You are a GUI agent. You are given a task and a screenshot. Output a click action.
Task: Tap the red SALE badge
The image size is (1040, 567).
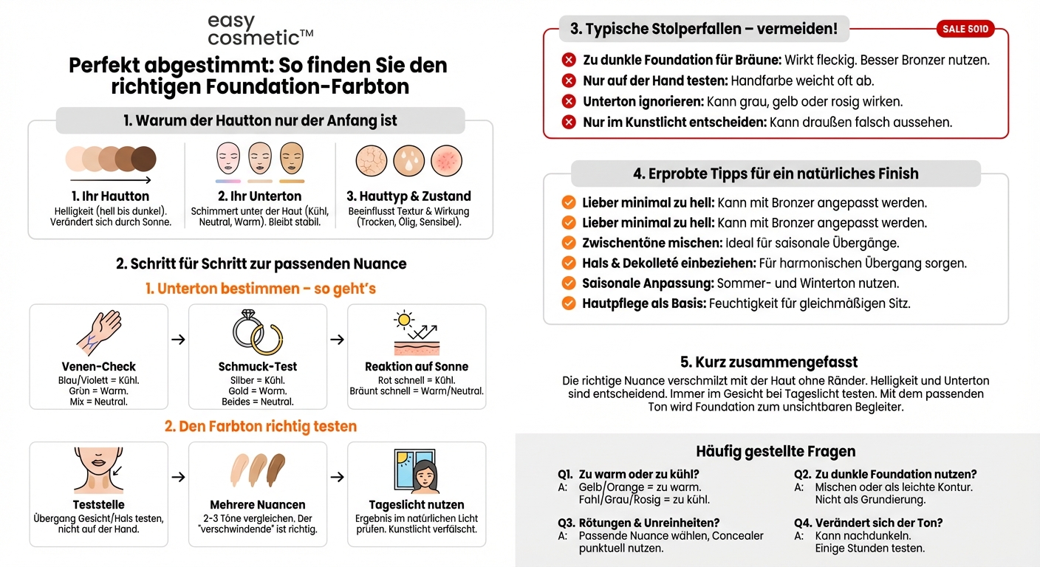(x=965, y=30)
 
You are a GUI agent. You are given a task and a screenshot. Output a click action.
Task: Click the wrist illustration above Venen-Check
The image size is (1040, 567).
(x=99, y=333)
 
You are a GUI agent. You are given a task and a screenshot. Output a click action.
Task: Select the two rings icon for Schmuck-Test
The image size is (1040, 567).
(x=258, y=333)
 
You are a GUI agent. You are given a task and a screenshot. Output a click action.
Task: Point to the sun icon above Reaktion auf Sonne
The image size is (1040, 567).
(x=403, y=320)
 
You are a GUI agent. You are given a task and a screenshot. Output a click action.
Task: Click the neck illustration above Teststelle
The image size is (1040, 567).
(x=98, y=470)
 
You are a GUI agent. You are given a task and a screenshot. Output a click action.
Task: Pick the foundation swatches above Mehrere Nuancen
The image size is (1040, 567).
(x=258, y=470)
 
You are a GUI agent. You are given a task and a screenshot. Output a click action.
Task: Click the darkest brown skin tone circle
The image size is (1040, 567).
(x=143, y=159)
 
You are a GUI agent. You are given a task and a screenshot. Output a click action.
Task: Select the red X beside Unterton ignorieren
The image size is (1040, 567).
(x=569, y=102)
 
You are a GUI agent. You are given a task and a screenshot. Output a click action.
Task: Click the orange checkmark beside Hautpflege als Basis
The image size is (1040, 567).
(x=569, y=303)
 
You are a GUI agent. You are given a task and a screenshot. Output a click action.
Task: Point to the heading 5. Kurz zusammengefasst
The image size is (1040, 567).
(x=769, y=362)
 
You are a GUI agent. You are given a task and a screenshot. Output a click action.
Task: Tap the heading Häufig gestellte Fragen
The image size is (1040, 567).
(x=776, y=452)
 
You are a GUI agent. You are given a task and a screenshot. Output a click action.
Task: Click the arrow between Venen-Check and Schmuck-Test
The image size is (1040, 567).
(x=178, y=340)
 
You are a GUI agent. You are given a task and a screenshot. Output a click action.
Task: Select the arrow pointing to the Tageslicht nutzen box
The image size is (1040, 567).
(x=337, y=477)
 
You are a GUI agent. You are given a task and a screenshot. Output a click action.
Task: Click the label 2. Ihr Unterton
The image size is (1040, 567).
(x=259, y=196)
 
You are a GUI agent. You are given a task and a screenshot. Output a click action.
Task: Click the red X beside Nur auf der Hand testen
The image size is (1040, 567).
(x=569, y=81)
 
